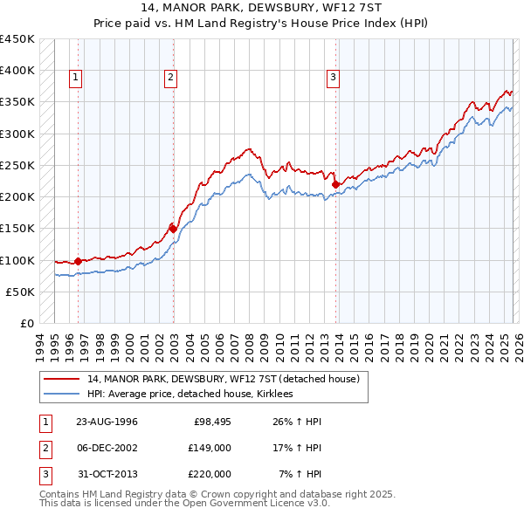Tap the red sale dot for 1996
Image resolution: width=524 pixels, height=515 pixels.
pos(79,260)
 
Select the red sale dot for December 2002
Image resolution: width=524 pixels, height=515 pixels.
pos(173,229)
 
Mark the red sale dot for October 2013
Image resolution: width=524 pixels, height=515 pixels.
pos(336,183)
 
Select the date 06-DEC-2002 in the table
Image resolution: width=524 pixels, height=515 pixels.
pos(107,448)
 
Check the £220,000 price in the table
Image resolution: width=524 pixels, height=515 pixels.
pos(209,474)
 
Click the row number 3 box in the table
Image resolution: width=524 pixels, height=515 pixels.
pos(44,474)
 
